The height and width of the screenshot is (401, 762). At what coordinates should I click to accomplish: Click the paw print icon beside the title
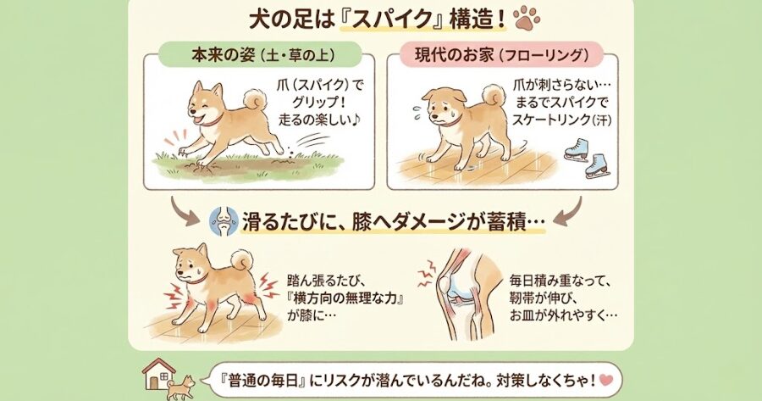(x=527, y=18)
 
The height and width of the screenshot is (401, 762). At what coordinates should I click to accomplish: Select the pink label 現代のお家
(x=453, y=55)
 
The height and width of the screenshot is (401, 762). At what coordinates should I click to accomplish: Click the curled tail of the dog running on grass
(x=255, y=100)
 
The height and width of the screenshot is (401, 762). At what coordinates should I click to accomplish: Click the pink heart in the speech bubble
(x=606, y=379)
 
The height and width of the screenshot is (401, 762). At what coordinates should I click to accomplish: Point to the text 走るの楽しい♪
(x=321, y=120)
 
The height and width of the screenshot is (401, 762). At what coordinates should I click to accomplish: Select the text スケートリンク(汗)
(x=562, y=120)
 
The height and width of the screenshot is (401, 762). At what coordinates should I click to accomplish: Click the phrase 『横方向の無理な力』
(x=345, y=298)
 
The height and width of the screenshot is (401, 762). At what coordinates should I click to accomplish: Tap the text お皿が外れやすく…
(x=563, y=315)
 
